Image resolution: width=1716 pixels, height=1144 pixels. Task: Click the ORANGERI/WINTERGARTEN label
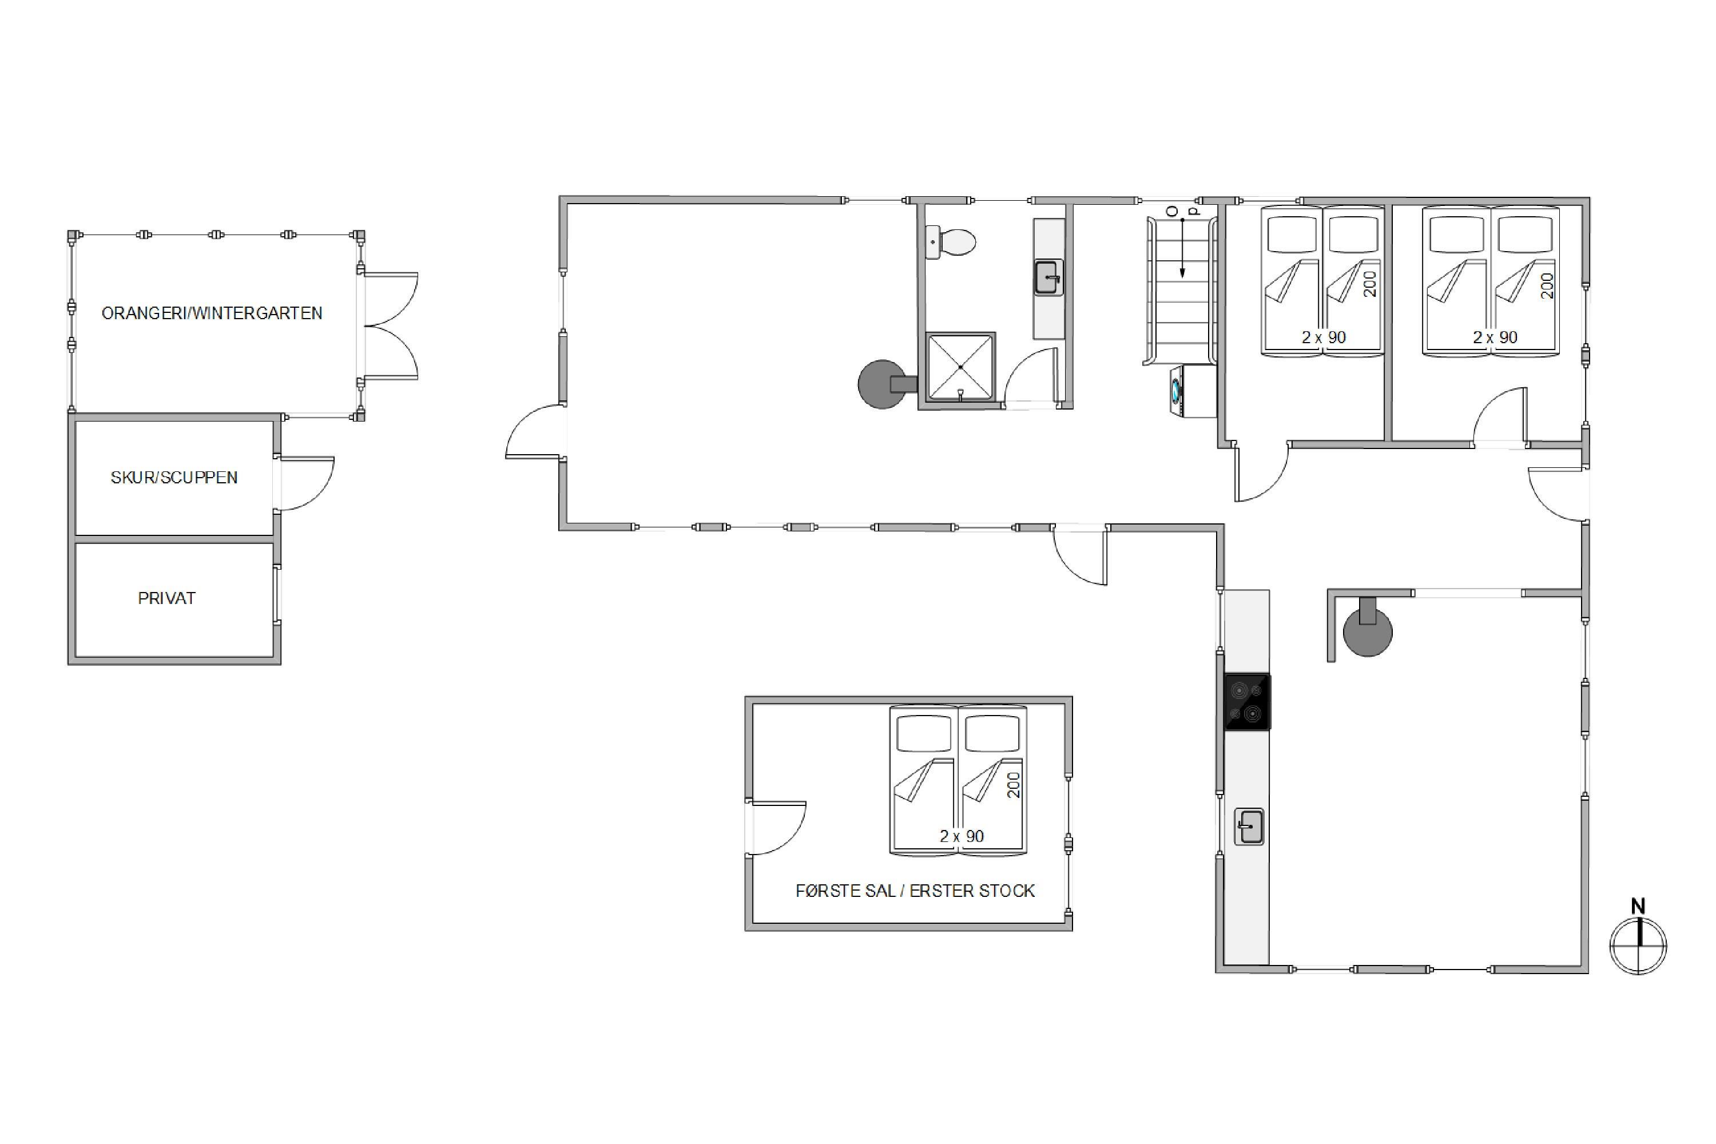212,313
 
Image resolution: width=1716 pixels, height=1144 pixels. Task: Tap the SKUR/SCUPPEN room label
174,477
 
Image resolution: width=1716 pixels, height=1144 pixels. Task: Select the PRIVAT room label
167,598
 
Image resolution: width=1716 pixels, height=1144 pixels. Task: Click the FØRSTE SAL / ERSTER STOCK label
915,891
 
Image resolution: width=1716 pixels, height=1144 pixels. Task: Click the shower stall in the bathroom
960,367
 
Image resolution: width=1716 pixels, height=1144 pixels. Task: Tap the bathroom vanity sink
1048,277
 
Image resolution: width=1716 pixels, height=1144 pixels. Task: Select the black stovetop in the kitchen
1247,702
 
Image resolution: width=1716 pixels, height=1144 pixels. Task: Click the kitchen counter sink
1248,827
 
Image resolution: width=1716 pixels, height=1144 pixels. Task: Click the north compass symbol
1638,946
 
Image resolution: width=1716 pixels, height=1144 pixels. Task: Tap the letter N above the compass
1638,906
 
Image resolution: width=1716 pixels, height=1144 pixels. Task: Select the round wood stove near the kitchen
1367,628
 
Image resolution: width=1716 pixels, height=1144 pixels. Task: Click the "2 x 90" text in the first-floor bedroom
962,836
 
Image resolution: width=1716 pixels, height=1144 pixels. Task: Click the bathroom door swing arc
1024,368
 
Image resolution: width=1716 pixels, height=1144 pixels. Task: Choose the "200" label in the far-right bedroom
1547,285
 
